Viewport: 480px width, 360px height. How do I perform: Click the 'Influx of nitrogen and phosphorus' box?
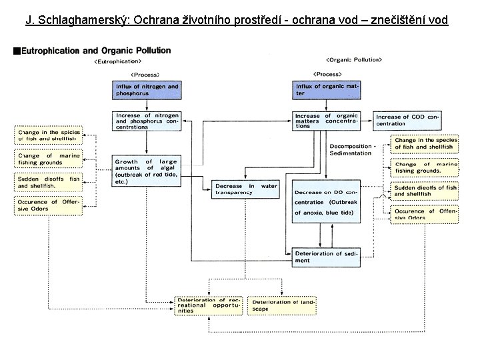coord(147,90)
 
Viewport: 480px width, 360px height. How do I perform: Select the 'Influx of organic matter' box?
coord(326,90)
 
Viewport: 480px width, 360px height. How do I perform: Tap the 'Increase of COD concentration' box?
coord(406,120)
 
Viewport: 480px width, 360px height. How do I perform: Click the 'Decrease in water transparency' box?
coord(245,189)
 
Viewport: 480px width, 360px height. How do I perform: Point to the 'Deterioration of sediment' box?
coord(326,257)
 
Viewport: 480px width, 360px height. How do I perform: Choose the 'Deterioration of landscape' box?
coord(282,305)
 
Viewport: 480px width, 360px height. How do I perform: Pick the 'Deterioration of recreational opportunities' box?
coord(208,305)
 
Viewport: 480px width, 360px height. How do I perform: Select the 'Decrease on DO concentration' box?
coord(326,201)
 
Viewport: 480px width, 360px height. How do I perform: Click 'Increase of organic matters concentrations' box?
coord(326,120)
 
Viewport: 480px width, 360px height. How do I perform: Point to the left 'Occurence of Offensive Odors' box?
coord(48,205)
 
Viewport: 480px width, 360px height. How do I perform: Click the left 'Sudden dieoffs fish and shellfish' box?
coord(48,182)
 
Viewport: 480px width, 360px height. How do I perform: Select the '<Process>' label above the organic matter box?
coord(327,74)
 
